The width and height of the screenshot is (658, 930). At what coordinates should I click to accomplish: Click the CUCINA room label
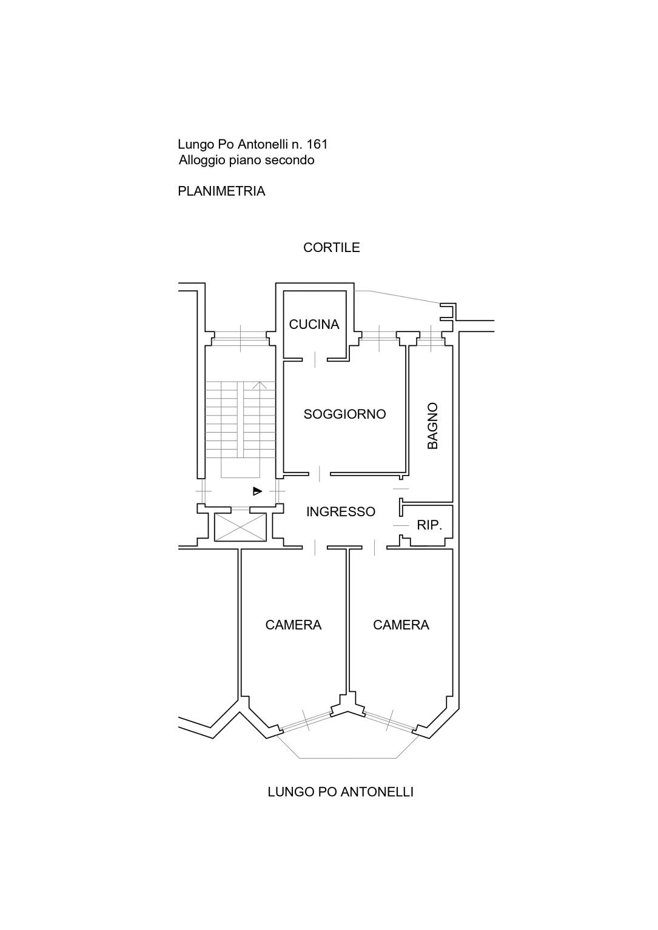click(x=314, y=324)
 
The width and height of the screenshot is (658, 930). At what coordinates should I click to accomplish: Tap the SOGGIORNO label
click(x=344, y=414)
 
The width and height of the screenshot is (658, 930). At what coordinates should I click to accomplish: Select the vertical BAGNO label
click(x=433, y=425)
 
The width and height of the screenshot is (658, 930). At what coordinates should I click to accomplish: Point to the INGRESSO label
click(x=340, y=511)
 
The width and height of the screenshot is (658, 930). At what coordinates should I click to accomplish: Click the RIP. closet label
click(x=429, y=525)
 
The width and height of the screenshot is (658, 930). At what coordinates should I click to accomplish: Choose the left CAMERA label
click(x=294, y=625)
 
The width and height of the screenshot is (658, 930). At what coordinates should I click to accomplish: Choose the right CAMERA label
click(x=401, y=625)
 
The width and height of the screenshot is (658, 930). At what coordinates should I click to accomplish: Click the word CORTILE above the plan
click(x=331, y=247)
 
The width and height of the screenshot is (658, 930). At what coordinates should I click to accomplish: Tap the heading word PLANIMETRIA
click(x=221, y=191)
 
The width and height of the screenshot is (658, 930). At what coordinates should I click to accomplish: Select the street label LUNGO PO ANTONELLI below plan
click(x=340, y=792)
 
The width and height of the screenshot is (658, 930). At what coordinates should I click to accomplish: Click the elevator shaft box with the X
click(x=240, y=527)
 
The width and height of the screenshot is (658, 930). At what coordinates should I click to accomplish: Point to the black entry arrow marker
click(x=257, y=491)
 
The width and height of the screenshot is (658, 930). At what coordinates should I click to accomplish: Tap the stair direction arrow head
click(x=260, y=385)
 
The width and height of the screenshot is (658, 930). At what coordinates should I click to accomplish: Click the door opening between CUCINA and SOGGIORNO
click(x=315, y=359)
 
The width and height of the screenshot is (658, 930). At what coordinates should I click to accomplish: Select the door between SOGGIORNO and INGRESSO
click(x=320, y=474)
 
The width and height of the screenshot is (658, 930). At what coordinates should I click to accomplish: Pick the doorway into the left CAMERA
click(x=315, y=547)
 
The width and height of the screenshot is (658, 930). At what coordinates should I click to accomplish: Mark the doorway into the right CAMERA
click(x=375, y=547)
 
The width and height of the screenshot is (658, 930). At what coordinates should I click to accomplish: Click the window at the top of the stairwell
click(x=240, y=339)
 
